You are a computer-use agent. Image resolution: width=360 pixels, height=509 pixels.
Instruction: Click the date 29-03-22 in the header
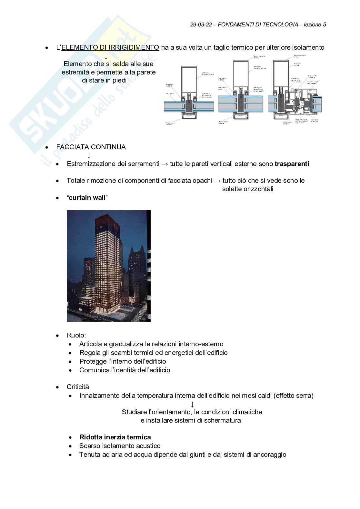tap(201, 24)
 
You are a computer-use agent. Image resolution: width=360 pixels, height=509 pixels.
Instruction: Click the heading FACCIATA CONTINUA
tap(91, 147)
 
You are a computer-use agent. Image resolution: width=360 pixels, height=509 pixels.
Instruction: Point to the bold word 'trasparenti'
tap(292, 164)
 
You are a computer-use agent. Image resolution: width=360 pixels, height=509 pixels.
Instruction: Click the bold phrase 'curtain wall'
tap(87, 198)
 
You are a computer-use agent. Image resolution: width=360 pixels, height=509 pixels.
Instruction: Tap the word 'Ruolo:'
tap(76, 335)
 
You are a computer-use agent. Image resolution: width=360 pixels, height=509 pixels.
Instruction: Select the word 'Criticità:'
tap(79, 387)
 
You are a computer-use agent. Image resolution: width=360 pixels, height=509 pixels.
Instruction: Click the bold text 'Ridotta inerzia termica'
tap(115, 437)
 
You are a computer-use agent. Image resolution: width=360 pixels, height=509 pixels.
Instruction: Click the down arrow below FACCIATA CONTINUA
tap(89, 155)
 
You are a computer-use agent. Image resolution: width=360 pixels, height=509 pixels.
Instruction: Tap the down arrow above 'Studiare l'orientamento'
tap(192, 404)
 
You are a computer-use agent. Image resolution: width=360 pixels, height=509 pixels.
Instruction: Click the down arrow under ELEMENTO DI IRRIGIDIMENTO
tap(106, 56)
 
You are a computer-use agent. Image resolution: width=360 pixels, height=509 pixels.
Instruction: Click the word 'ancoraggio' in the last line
tap(270, 455)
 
